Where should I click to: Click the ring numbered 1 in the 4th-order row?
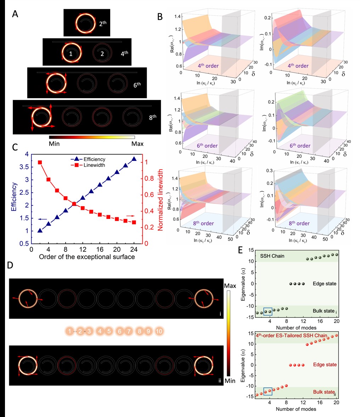(x=71, y=53)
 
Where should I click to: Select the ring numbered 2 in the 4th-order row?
(x=102, y=54)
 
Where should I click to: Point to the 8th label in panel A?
(x=152, y=117)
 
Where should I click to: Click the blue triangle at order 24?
(x=134, y=159)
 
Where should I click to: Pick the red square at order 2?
(x=40, y=162)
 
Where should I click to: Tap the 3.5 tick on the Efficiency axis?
(x=24, y=167)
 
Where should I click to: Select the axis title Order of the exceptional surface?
(x=87, y=257)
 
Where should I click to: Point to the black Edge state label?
(x=324, y=284)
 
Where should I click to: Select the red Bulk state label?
(x=323, y=392)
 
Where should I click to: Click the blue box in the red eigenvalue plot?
(x=268, y=391)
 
